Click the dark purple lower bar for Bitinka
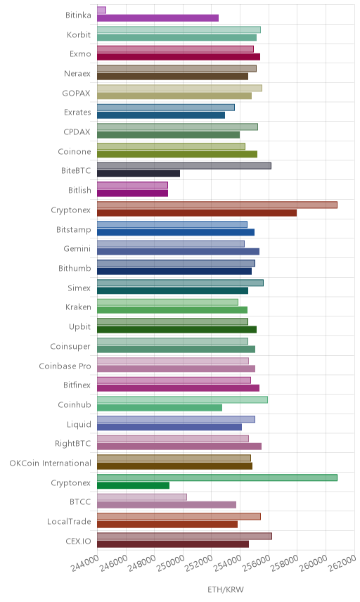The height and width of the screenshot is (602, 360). click(157, 18)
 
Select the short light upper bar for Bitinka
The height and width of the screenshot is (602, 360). click(101, 10)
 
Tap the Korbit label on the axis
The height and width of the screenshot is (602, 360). click(79, 35)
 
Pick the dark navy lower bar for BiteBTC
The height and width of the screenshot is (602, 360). click(139, 174)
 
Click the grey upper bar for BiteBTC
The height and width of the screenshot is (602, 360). click(184, 166)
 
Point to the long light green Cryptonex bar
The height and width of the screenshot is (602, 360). click(217, 478)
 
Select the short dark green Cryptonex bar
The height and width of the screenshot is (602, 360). click(133, 485)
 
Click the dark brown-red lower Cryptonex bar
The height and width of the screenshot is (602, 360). click(196, 212)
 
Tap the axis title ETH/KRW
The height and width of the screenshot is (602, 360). click(226, 590)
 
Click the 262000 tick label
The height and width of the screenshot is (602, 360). click(342, 564)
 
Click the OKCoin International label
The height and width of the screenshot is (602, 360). click(51, 463)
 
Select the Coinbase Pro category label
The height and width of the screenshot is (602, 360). click(65, 366)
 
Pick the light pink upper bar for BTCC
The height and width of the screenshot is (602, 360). click(141, 497)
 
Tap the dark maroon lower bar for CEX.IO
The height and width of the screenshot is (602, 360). click(173, 544)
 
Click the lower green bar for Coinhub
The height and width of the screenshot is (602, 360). click(160, 407)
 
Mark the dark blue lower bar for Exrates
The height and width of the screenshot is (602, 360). click(161, 115)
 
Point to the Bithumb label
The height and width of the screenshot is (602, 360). click(75, 269)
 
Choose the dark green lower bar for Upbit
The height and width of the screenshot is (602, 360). click(176, 329)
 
